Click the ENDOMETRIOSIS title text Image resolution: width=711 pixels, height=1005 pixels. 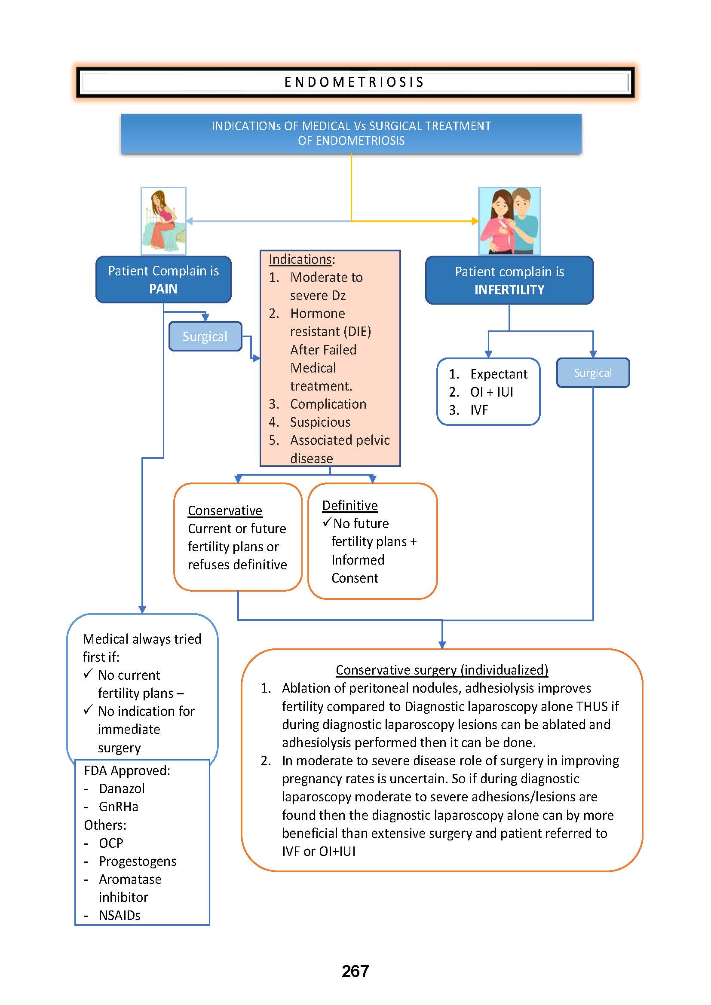[x=354, y=82]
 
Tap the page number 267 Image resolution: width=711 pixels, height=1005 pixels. [x=355, y=971]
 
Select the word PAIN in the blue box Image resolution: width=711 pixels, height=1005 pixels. [x=163, y=289]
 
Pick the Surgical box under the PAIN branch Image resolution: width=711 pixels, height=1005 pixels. [x=205, y=336]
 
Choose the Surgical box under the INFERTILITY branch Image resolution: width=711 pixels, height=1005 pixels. [x=593, y=373]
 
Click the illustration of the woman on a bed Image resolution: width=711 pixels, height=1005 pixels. [x=163, y=221]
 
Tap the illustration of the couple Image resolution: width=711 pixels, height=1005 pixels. [x=509, y=221]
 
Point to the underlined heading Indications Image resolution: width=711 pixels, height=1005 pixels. [x=301, y=260]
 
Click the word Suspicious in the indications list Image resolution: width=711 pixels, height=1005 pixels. [x=320, y=422]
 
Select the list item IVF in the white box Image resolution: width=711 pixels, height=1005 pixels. [x=479, y=410]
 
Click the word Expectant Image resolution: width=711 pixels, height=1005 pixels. [x=499, y=374]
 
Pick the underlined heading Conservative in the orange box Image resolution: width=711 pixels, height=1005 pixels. [x=224, y=511]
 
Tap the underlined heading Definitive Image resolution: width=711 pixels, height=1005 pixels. [x=350, y=506]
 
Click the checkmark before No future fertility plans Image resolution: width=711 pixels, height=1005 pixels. [x=327, y=522]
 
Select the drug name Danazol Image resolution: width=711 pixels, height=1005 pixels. [x=122, y=789]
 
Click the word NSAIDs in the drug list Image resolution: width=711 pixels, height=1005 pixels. [x=120, y=915]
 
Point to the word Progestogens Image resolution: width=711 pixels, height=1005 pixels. [x=138, y=861]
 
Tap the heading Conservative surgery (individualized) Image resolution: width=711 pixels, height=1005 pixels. [x=442, y=670]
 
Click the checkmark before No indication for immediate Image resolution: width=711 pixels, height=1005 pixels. [x=88, y=709]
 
